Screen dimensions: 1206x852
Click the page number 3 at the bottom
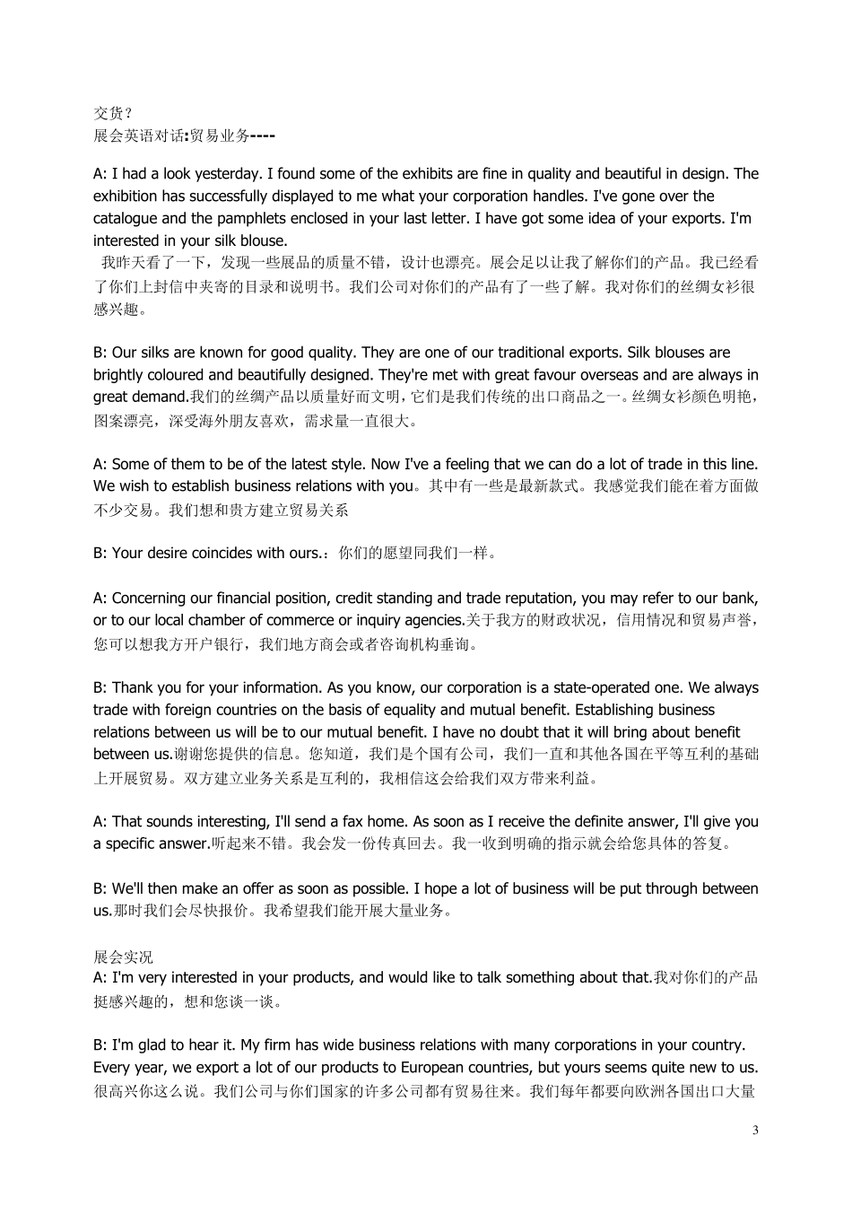click(x=755, y=1130)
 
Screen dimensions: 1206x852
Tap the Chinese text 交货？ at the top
click(x=113, y=113)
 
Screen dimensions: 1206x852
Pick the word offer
click(x=259, y=888)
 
